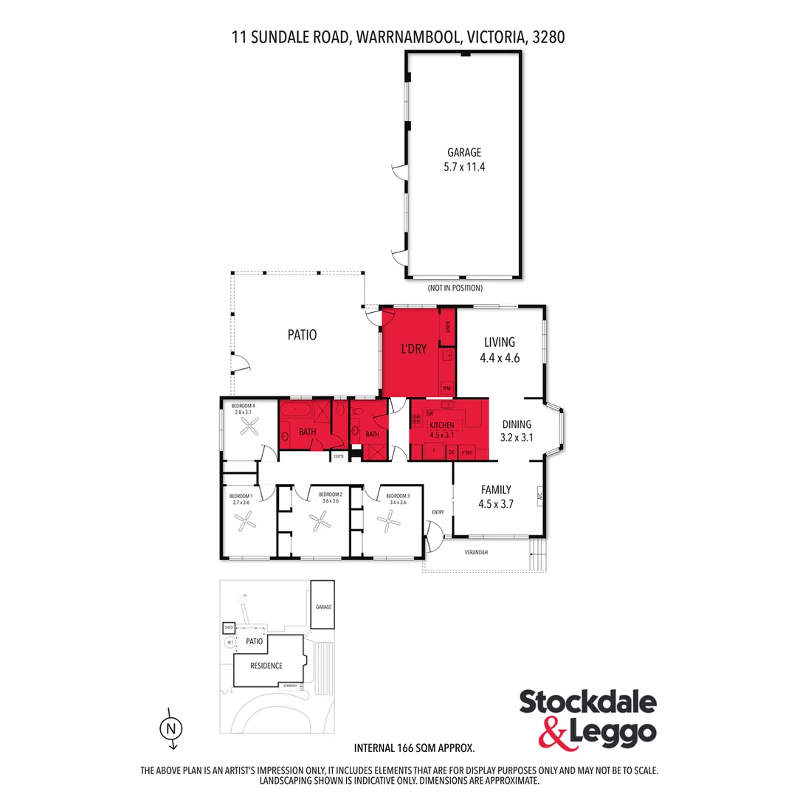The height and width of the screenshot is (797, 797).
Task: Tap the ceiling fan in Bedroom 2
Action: click(320, 523)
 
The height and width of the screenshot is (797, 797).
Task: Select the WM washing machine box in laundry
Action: click(446, 387)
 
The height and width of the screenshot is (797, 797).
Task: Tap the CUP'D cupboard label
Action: click(339, 456)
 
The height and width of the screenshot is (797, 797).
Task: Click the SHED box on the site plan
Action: click(229, 627)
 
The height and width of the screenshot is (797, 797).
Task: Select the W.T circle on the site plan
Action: click(230, 642)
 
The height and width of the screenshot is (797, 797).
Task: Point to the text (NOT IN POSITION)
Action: click(455, 288)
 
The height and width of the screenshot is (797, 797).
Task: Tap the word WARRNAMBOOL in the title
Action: click(407, 36)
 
